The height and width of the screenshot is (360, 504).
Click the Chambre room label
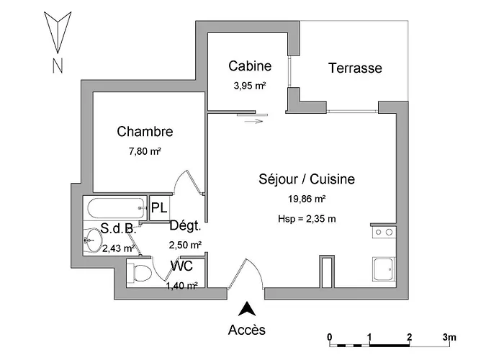point(145,132)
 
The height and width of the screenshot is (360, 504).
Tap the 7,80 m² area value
point(145,152)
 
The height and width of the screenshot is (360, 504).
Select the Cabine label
point(250,66)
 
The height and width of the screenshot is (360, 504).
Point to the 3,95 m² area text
point(250,86)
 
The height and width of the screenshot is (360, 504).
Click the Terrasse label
point(354,69)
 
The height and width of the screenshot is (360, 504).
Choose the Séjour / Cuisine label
point(307,179)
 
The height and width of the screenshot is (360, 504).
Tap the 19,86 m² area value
point(307,198)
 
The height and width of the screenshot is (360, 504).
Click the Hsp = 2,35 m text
point(307,219)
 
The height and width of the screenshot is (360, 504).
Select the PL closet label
point(159,209)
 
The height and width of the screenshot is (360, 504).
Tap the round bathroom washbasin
point(93,240)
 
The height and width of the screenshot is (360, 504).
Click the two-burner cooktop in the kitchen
point(383,233)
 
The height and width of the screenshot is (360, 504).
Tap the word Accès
point(247,330)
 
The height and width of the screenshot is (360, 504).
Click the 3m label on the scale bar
point(449,336)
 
